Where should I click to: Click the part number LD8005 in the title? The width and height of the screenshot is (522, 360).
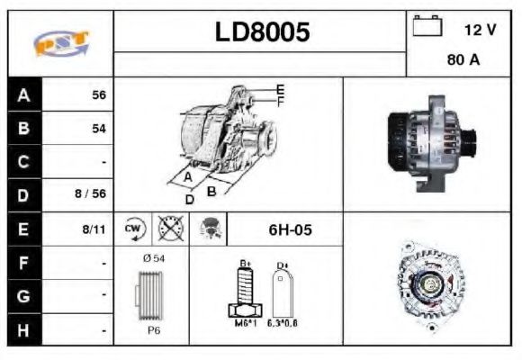262,32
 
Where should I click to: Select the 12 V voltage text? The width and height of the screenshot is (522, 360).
480,30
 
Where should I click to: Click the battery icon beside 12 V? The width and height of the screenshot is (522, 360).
426,28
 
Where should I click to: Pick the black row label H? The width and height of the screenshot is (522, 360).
24,330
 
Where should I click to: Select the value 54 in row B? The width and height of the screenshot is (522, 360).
98,129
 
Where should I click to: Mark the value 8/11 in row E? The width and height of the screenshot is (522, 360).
94,229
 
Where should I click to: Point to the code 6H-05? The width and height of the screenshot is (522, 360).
291,229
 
